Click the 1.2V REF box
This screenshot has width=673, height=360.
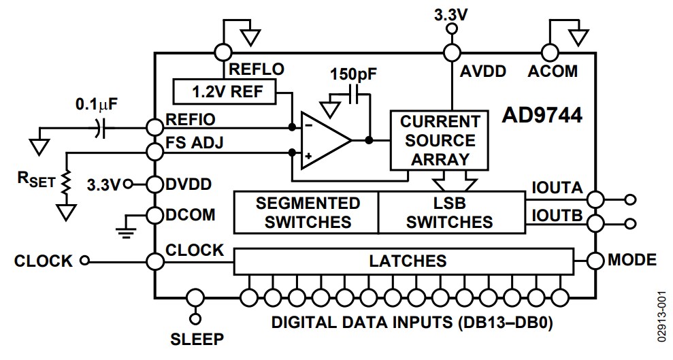click(225, 91)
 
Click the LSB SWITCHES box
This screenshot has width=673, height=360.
click(452, 212)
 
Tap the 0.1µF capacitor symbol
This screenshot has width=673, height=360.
click(99, 127)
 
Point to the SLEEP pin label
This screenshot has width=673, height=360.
click(196, 338)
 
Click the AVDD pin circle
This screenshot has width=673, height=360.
click(450, 52)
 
